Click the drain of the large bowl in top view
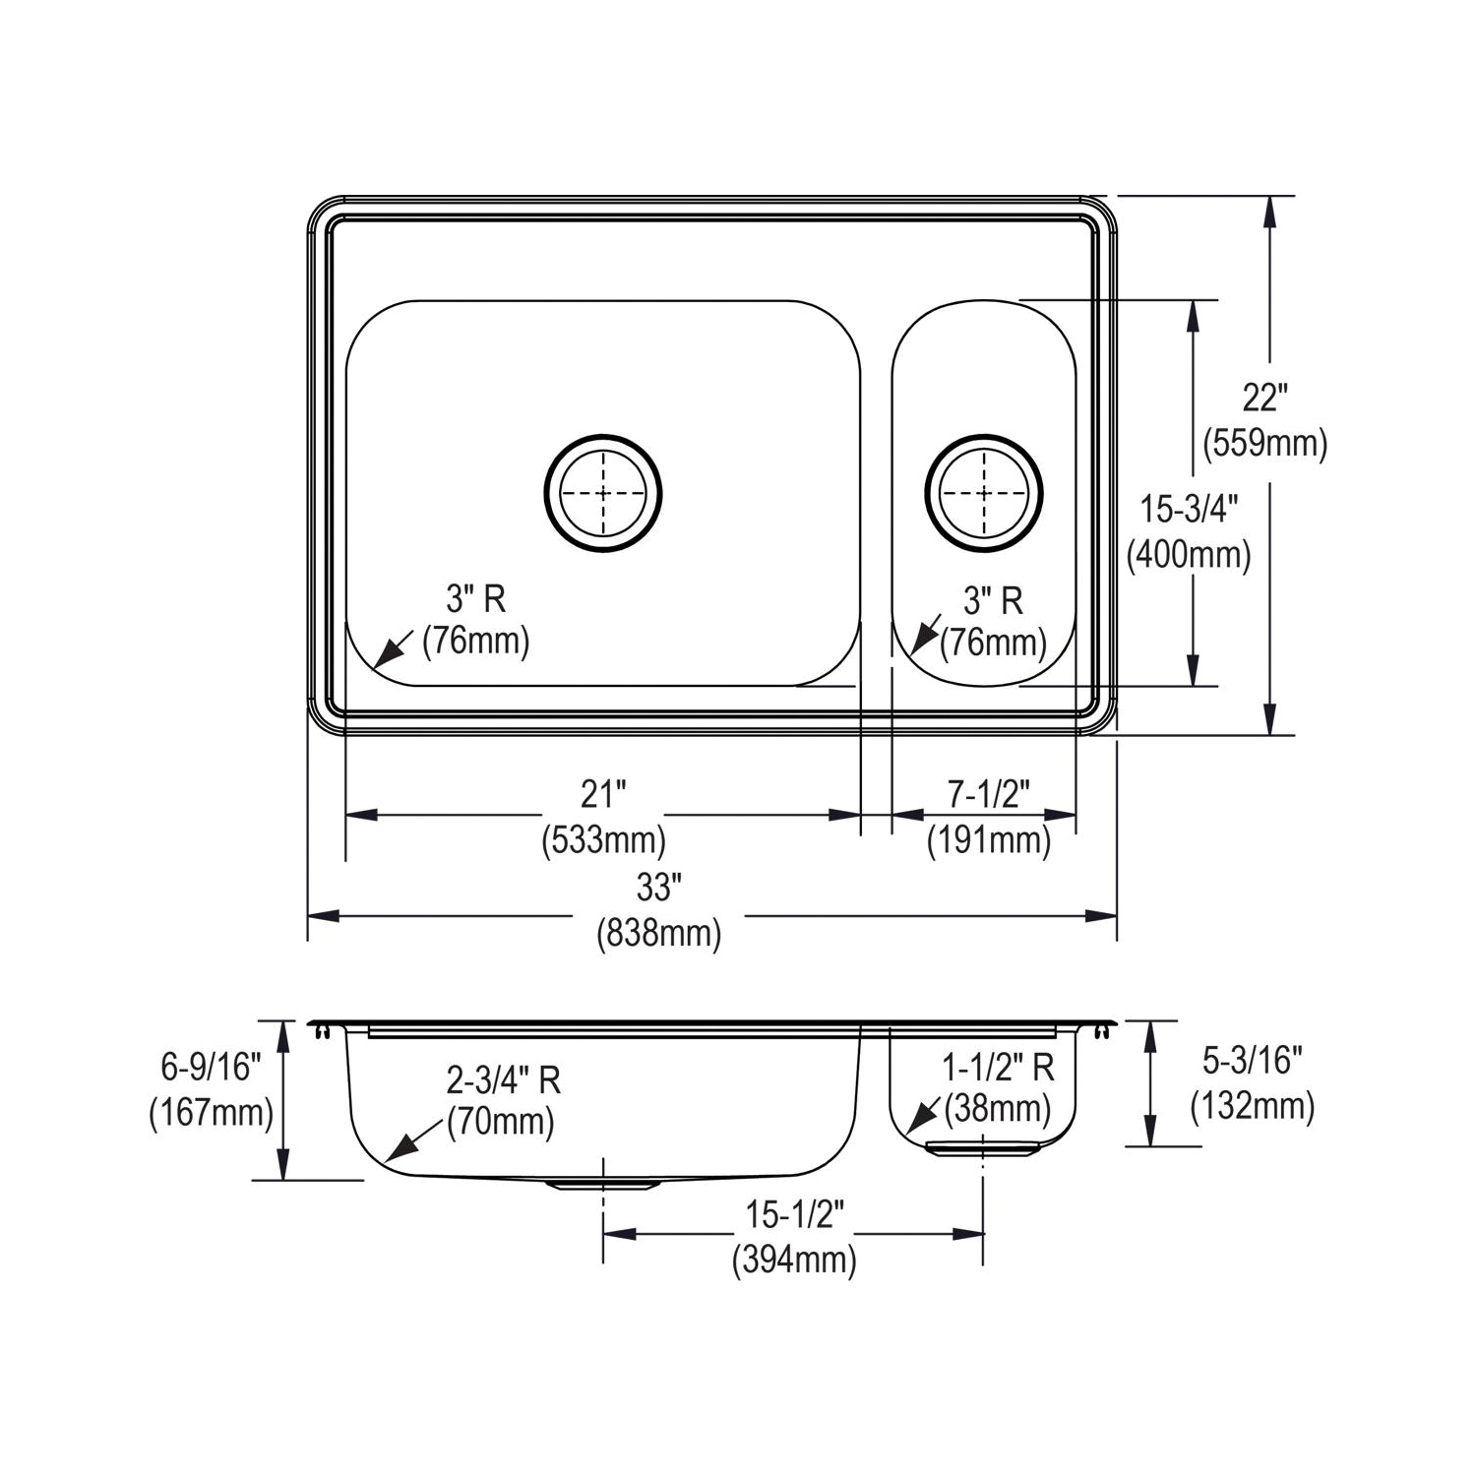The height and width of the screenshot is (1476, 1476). coord(602,492)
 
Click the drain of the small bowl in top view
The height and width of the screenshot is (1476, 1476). coord(983,491)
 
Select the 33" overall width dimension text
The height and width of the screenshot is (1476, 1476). coord(658,888)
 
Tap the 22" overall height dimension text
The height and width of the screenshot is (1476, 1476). coord(1264,399)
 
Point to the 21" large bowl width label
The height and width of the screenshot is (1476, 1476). coord(603,793)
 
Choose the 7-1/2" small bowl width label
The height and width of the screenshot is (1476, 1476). coord(988,793)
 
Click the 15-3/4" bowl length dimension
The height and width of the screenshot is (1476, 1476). coord(1188,510)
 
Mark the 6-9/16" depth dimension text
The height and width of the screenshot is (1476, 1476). coord(211,1066)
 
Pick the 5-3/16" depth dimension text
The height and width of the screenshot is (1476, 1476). coord(1252,1061)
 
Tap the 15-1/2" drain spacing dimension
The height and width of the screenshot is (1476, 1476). coord(794,1215)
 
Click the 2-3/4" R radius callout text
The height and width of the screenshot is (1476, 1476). coord(503,1079)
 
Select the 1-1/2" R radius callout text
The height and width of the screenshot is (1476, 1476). coord(998,1067)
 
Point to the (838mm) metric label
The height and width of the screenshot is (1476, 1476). coord(658,933)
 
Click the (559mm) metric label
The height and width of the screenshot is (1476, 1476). coord(1264,444)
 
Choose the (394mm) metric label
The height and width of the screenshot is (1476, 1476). coord(794,1260)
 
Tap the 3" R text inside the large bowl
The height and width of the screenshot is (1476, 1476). coord(476,598)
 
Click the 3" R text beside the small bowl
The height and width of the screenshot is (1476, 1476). coord(993,599)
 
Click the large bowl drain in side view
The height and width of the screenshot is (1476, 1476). coord(602,1184)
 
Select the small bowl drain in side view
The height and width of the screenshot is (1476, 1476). coord(983,1148)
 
